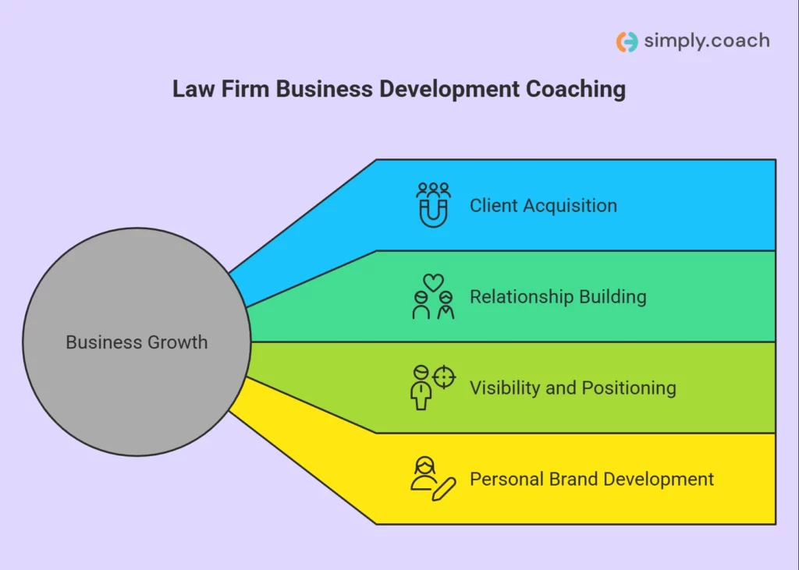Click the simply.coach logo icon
[x=627, y=42]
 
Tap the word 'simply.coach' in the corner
[x=707, y=41]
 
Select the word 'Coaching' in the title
[x=575, y=89]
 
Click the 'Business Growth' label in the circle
[x=137, y=342]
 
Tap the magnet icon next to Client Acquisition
[x=433, y=213]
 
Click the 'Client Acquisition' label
[x=543, y=205]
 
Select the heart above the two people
[x=433, y=282]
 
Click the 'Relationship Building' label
[x=558, y=296]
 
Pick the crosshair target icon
[x=444, y=377]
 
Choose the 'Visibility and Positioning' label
[x=573, y=388]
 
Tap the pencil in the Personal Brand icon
[x=444, y=490]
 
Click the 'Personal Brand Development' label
[x=591, y=479]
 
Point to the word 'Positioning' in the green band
[x=629, y=388]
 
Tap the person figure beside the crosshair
[x=421, y=388]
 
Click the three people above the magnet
[x=433, y=190]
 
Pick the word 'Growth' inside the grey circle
[x=177, y=342]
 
